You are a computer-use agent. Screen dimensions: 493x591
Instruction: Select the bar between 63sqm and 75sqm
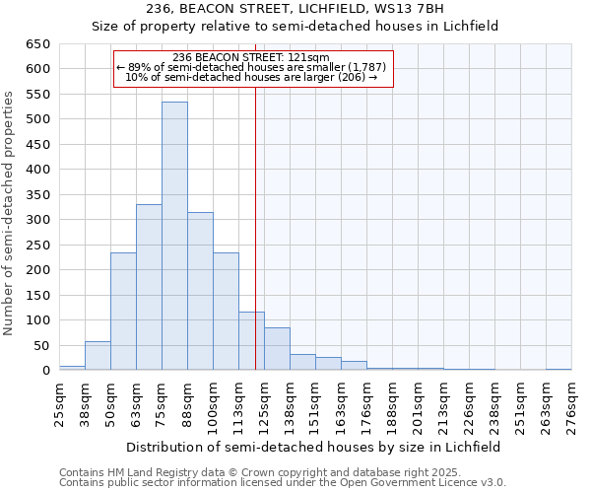149,287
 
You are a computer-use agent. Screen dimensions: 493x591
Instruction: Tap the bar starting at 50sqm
123,312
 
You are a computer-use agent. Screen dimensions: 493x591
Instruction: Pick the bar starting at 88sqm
200,292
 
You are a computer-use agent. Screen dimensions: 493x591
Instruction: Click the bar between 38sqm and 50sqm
98,356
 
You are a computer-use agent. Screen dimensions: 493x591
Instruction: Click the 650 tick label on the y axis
37,44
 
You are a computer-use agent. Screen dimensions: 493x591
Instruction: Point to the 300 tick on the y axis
37,220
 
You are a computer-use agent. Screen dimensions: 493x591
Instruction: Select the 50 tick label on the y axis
41,345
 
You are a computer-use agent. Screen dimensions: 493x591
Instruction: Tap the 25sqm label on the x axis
60,403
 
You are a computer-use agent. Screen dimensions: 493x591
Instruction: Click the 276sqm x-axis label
572,403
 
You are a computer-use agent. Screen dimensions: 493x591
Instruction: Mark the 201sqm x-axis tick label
419,403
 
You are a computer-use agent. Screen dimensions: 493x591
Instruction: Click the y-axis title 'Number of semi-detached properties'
10,213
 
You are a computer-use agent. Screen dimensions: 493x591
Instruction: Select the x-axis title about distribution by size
314,447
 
